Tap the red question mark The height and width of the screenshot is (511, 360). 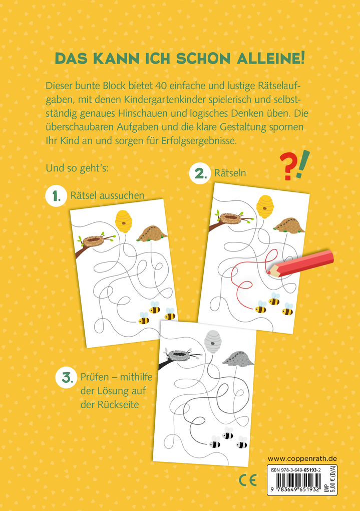pos(287,167)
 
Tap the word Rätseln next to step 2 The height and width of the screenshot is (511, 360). pos(230,174)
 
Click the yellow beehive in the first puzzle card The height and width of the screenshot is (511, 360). pos(123,221)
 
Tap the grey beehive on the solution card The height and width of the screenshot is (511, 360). pos(213,342)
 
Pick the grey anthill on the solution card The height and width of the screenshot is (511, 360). pos(238,358)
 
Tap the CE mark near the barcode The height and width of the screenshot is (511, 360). pos(247,481)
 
